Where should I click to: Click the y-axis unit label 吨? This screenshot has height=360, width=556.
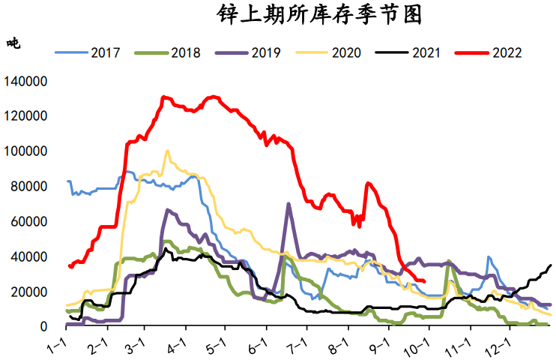(13, 43)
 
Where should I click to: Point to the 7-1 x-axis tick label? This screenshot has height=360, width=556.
(299, 346)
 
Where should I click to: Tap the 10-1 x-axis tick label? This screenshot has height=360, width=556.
(420, 346)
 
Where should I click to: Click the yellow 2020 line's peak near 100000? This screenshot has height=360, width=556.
(167, 151)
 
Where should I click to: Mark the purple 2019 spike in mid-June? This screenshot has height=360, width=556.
(288, 204)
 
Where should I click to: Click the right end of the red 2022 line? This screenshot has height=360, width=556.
(424, 281)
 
